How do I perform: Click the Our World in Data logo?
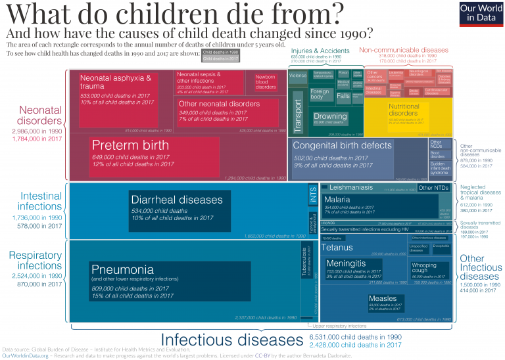[477, 13]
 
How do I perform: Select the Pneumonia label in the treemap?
[123, 269]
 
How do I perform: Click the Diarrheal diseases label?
[177, 200]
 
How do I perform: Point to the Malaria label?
[337, 200]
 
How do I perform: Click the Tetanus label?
[337, 248]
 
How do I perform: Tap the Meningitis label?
[346, 263]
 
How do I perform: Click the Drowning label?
[331, 116]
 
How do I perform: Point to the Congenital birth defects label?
[342, 145]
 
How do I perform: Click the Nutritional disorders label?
[404, 109]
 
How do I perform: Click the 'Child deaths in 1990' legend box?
[220, 51]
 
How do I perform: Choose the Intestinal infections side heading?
[41, 202]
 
